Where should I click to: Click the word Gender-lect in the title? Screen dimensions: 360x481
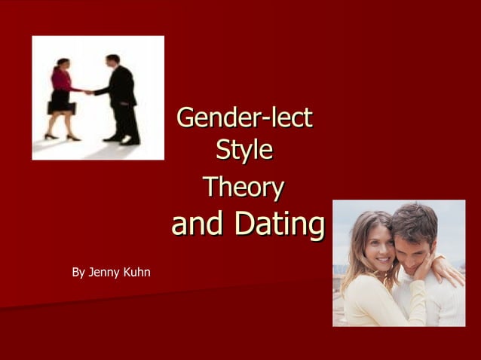244,118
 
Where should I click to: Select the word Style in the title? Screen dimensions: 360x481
244,149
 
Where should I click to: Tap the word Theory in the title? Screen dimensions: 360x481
244,187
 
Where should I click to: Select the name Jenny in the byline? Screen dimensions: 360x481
105,271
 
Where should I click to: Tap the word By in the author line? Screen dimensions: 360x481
78,271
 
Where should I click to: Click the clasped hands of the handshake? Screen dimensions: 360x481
89,92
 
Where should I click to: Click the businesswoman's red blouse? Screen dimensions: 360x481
62,79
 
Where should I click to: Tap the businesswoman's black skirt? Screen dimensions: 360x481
61,99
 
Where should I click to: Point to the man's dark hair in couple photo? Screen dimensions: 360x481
415,218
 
